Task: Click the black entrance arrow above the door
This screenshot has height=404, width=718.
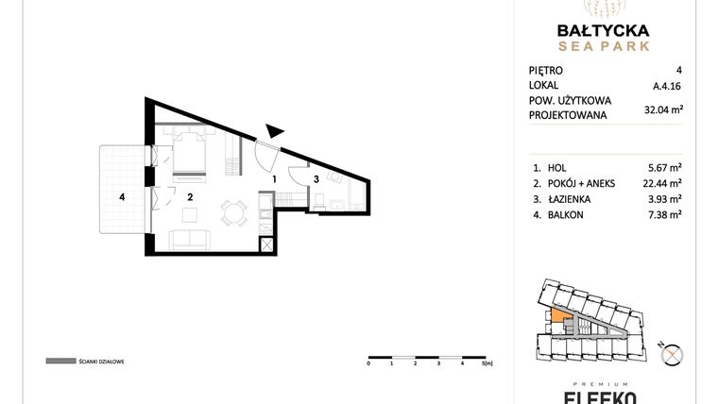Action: point(274,134)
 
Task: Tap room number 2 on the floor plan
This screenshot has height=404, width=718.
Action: point(190,197)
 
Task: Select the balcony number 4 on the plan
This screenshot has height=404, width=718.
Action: point(122,197)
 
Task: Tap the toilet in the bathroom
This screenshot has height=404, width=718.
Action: point(322,200)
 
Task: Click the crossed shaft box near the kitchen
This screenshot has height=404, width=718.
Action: point(267,244)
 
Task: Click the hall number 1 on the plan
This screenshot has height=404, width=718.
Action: point(274,178)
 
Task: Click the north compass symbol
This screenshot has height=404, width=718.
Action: point(673,355)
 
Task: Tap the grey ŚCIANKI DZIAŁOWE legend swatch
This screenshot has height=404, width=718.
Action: point(60,361)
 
